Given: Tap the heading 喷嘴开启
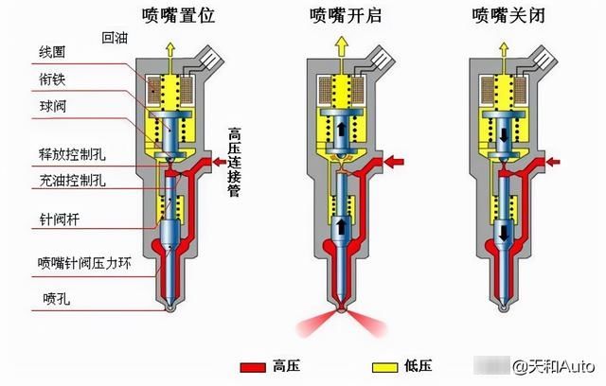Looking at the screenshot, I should [345, 15].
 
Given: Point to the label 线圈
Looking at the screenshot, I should [51, 49].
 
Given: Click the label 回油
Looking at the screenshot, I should [115, 38].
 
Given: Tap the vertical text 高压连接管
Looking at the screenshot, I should [235, 161].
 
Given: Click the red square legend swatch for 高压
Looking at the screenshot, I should [252, 365].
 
